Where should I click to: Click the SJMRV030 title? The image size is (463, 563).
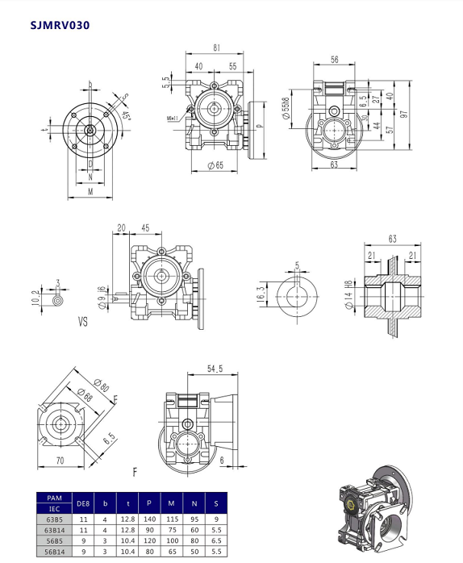coord(60,25)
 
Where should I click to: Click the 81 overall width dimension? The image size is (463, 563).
coord(217,48)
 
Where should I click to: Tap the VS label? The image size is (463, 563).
coord(82,321)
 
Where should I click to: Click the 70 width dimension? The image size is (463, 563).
coord(60,461)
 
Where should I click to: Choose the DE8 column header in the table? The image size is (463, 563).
coord(82,504)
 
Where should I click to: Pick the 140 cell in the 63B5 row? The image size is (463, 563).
coord(149,519)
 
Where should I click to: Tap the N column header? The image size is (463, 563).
coord(194,504)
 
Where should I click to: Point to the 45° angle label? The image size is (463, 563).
coord(126,115)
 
